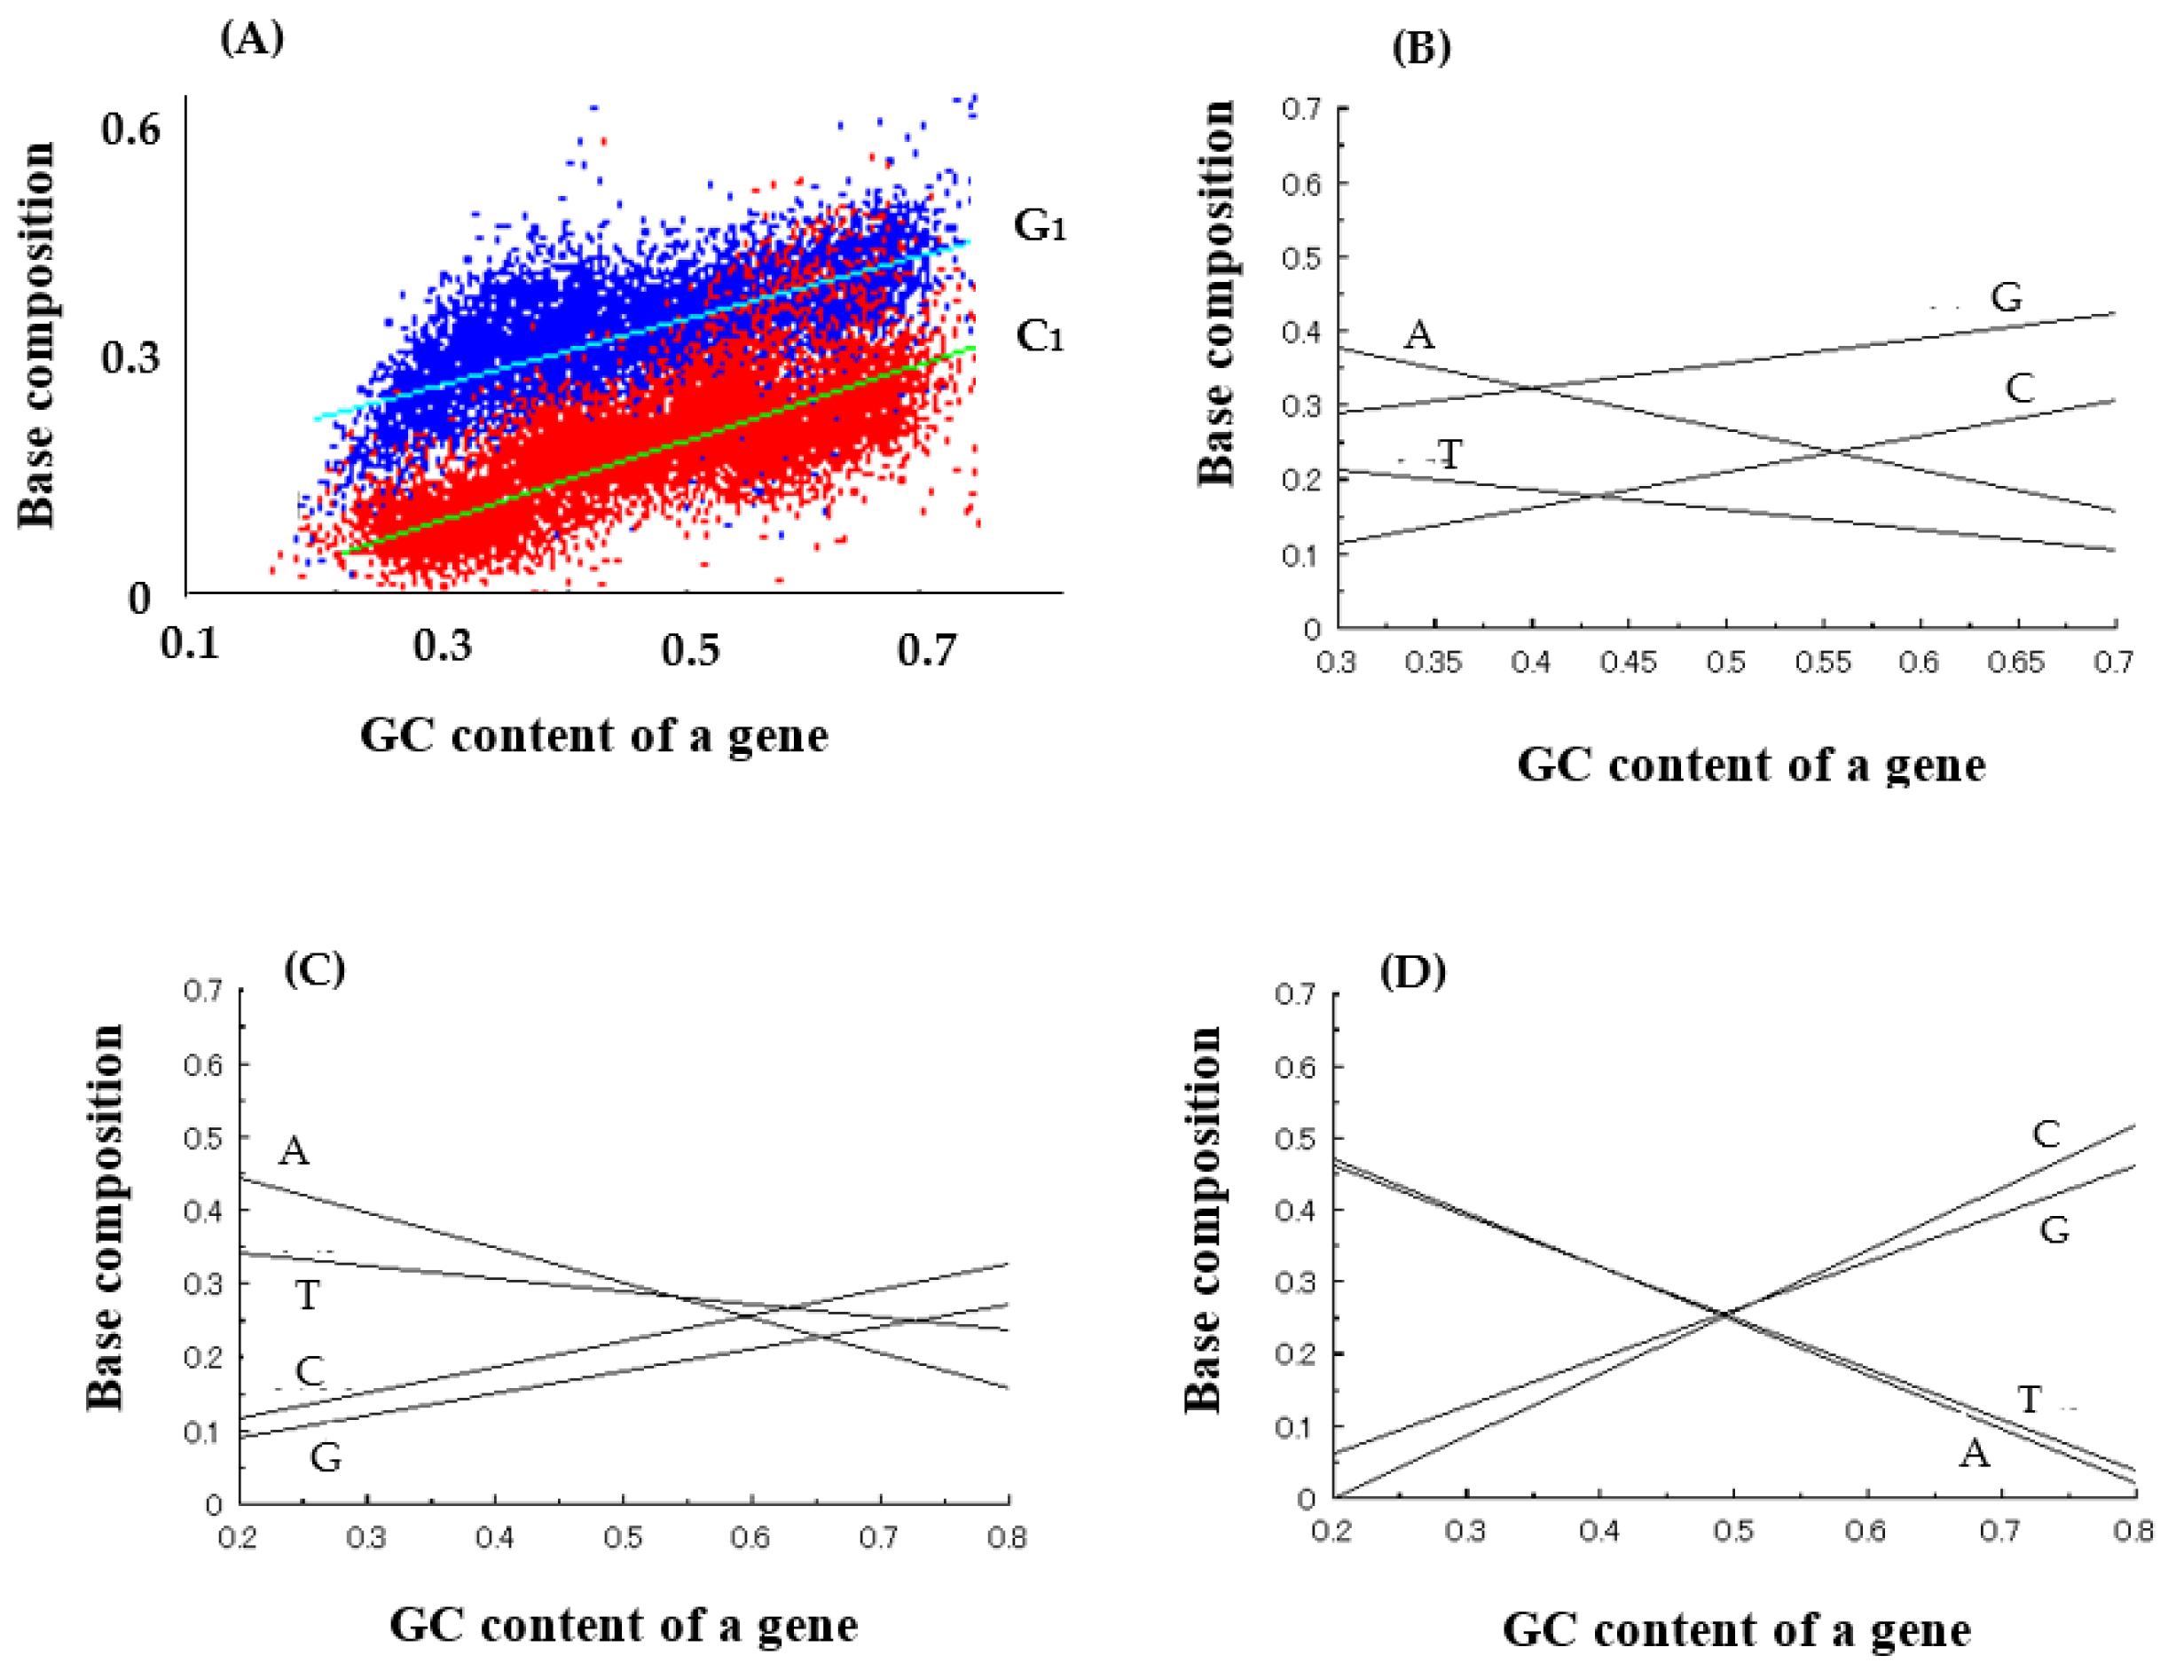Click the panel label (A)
252,38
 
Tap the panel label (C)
315,969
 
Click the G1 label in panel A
1040,225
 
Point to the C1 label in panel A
1040,336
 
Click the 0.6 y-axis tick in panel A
130,128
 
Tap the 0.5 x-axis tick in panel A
691,650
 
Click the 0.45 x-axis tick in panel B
1629,662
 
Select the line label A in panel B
1419,335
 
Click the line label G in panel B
2007,297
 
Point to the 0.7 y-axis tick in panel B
1301,108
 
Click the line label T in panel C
308,1295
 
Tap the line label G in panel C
326,1457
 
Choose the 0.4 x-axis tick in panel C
494,1538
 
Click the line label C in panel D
2046,1134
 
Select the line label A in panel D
1975,1455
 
